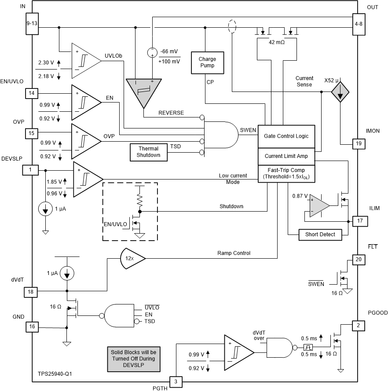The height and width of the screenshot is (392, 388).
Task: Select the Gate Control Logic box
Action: tap(286, 136)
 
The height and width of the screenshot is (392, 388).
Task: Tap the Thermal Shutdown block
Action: tap(148, 152)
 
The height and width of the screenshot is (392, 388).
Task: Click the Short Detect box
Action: tap(320, 234)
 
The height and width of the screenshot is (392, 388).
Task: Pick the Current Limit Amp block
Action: tap(286, 156)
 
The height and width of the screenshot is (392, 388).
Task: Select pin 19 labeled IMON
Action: tap(359, 143)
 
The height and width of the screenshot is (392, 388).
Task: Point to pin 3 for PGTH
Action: tap(176, 381)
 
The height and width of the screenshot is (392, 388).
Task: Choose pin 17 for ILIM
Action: tap(359, 220)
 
